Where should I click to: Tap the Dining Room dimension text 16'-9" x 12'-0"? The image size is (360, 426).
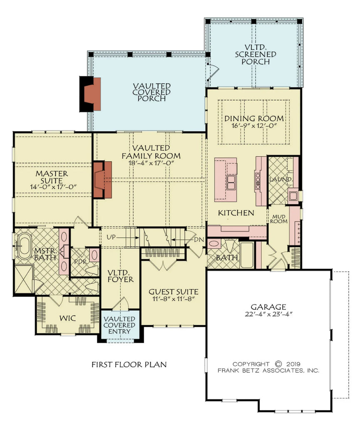pyautogui.click(x=254, y=125)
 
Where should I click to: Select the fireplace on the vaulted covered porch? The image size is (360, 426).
pyautogui.click(x=91, y=94)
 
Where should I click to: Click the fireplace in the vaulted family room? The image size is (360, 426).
pyautogui.click(x=103, y=180)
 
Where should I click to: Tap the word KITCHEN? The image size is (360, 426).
pyautogui.click(x=236, y=213)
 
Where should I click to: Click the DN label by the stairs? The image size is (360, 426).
pyautogui.click(x=199, y=240)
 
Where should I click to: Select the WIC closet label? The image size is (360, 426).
pyautogui.click(x=67, y=318)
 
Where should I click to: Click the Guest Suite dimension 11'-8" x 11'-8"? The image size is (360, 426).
pyautogui.click(x=174, y=298)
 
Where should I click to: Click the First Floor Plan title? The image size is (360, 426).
pyautogui.click(x=129, y=364)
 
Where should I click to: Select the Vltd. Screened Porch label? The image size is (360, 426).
pyautogui.click(x=255, y=54)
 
